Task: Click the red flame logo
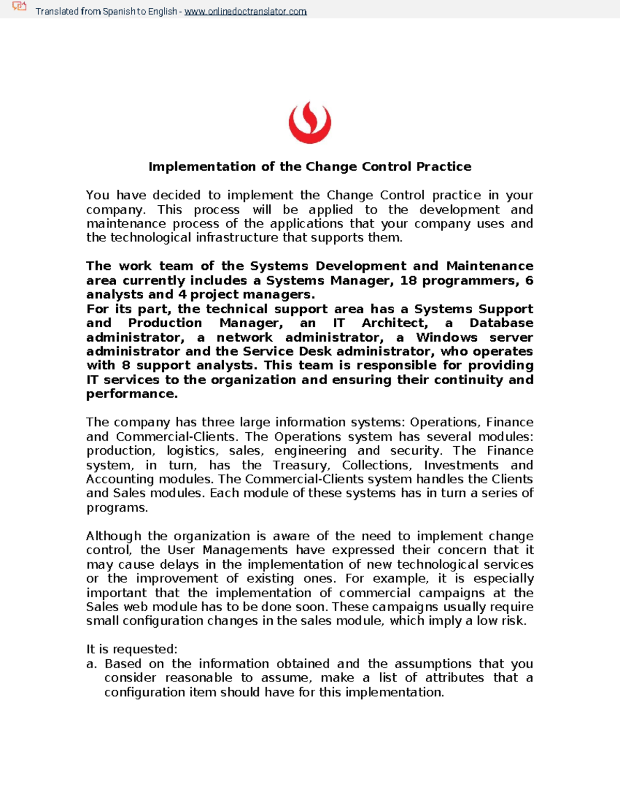[x=309, y=123]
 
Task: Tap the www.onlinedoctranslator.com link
[x=245, y=11]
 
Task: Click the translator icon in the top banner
[x=19, y=7]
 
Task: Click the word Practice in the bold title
[x=444, y=166]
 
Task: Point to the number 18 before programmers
[x=408, y=280]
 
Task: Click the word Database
[x=501, y=323]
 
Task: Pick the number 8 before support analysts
[x=126, y=366]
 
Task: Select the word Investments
[x=461, y=465]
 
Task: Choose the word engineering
[x=310, y=451]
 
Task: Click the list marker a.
[x=91, y=664]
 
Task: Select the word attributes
[x=454, y=678]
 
